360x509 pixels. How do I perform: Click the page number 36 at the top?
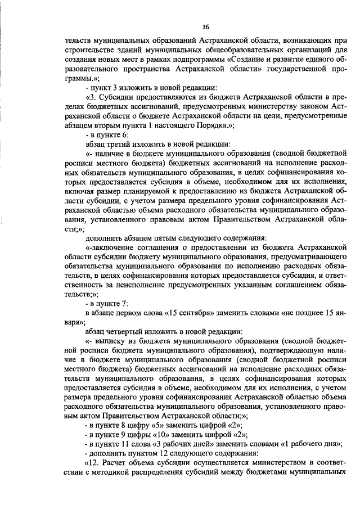[x=205, y=26]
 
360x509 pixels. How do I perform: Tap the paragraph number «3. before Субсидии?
[x=92, y=98]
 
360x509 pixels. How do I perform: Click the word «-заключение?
[x=112, y=247]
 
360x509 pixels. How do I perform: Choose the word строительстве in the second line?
[x=92, y=51]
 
